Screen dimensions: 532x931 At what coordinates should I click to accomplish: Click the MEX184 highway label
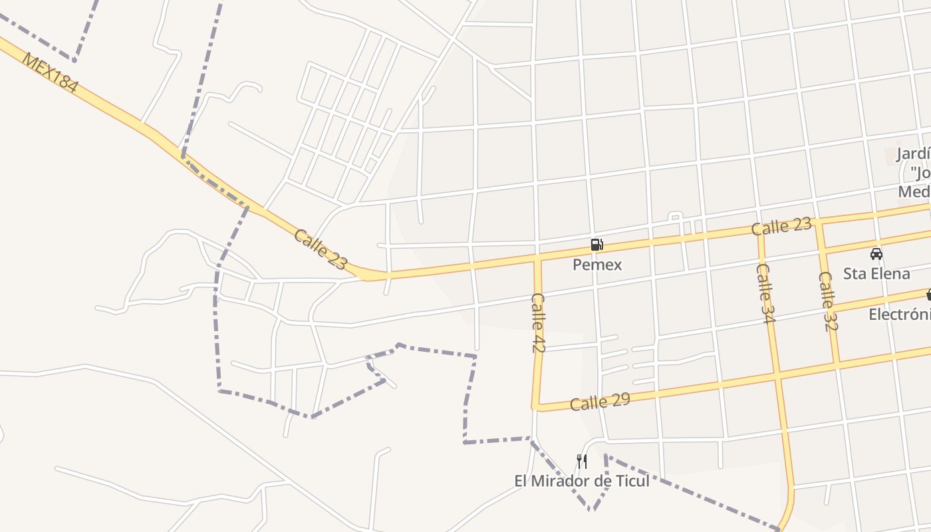click(50, 72)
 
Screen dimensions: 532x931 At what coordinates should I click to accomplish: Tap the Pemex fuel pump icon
click(597, 245)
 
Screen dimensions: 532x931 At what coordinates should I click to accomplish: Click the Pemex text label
click(597, 265)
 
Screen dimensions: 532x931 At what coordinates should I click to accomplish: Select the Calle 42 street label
click(539, 323)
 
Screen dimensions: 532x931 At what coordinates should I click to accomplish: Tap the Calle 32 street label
click(828, 301)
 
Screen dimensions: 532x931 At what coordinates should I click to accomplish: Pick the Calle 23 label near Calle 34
click(781, 226)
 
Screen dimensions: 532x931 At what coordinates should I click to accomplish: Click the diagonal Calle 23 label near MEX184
click(321, 249)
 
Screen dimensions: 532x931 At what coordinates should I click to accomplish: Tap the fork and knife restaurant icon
click(582, 462)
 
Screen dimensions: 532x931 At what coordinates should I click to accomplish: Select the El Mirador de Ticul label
click(582, 481)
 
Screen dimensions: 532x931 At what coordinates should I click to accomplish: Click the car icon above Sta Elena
click(876, 253)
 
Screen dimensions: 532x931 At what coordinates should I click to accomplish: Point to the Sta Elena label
click(876, 273)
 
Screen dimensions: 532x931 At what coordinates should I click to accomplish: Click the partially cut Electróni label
click(899, 314)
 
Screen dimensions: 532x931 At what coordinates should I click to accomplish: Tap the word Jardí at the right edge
click(912, 154)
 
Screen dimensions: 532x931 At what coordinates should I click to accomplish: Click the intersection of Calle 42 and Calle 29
click(535, 406)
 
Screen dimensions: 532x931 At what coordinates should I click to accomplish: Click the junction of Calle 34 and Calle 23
click(759, 231)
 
